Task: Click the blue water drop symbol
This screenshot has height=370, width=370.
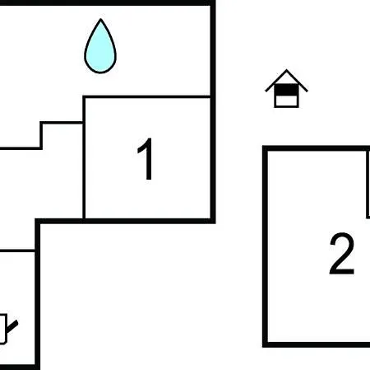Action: click(x=100, y=48)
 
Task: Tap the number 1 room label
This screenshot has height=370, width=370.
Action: click(x=146, y=159)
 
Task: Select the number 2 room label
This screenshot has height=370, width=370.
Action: click(x=342, y=253)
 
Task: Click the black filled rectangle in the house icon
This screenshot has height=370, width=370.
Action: click(x=286, y=90)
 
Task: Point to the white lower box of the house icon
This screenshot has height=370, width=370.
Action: click(x=286, y=101)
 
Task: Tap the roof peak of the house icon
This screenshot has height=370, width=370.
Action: click(x=287, y=70)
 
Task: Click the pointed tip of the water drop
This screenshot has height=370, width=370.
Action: click(x=100, y=19)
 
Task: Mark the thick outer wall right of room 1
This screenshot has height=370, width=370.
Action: click(x=213, y=112)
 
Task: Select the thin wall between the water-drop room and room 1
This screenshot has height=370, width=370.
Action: click(x=147, y=96)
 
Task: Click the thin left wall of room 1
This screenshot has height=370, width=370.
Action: click(x=84, y=158)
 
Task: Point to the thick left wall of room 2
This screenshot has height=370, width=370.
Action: click(x=265, y=246)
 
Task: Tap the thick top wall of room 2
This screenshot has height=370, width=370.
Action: click(x=316, y=148)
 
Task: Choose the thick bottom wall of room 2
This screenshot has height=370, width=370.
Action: click(x=316, y=344)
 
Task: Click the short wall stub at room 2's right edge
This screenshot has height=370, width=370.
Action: click(x=368, y=184)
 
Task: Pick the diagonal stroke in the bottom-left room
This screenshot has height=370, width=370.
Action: click(x=12, y=326)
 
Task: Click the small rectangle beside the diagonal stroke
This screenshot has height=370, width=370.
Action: click(x=2, y=329)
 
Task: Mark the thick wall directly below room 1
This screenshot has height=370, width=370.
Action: click(x=125, y=221)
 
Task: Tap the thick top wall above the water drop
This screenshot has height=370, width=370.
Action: click(x=108, y=2)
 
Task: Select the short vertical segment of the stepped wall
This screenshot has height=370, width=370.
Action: click(x=41, y=135)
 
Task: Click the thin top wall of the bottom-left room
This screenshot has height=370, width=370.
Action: click(x=17, y=251)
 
